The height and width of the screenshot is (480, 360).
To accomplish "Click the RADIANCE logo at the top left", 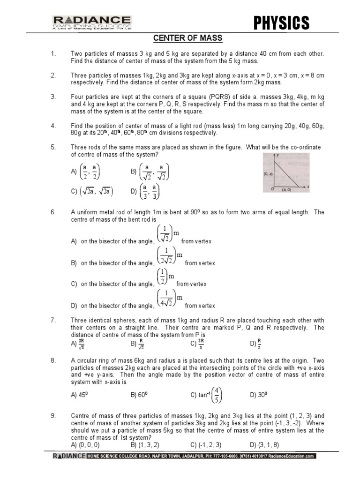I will (91, 22).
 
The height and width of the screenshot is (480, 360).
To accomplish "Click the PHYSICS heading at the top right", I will (281, 22).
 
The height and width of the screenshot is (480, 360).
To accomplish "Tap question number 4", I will (53, 126).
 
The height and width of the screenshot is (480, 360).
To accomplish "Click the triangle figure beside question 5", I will (290, 172).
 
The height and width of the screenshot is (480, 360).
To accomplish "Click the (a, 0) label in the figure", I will (287, 190).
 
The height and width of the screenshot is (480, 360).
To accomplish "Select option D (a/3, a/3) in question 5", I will (146, 191).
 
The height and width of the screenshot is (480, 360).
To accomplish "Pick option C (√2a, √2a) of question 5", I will (92, 191).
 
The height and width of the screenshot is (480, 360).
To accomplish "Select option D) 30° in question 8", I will (259, 395).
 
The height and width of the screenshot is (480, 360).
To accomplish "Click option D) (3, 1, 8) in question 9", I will (266, 444).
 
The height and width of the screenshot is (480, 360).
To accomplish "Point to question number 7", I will (53, 320).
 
